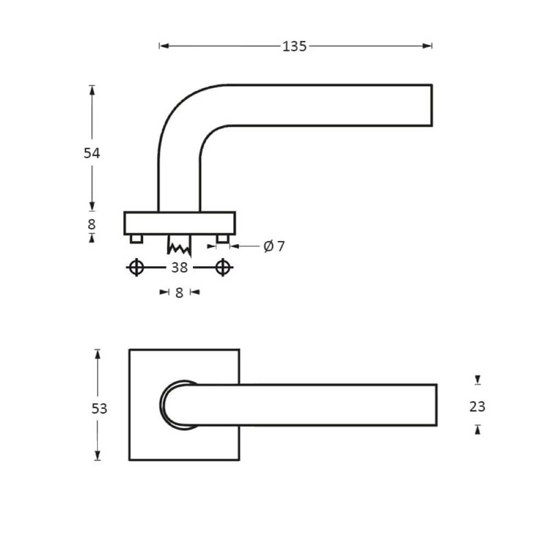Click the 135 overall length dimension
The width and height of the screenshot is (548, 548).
(x=294, y=47)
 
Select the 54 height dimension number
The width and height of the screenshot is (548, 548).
(x=92, y=153)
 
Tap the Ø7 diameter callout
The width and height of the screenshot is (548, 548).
(x=274, y=247)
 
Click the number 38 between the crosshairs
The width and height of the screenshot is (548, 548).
(x=179, y=267)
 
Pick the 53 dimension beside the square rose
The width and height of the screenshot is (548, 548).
(x=99, y=408)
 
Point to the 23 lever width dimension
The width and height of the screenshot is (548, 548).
(x=477, y=407)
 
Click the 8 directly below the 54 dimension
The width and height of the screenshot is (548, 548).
(x=92, y=224)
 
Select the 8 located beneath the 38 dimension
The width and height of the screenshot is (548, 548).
(x=179, y=293)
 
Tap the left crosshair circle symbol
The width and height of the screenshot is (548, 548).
(x=136, y=267)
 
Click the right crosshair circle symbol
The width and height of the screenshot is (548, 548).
(x=222, y=267)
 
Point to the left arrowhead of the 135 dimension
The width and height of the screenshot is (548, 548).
(x=162, y=46)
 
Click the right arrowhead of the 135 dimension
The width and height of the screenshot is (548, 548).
(x=429, y=46)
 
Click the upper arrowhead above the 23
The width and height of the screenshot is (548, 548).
(x=478, y=379)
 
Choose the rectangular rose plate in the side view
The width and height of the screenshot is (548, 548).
(x=180, y=223)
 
